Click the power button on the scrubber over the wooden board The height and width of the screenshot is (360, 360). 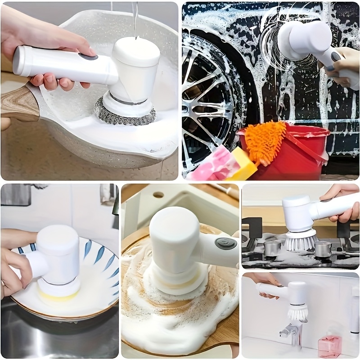point(225,243)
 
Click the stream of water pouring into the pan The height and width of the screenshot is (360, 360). point(135,18)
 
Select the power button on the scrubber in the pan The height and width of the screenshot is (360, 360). point(89,57)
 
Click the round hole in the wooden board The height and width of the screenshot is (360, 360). point(158,195)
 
